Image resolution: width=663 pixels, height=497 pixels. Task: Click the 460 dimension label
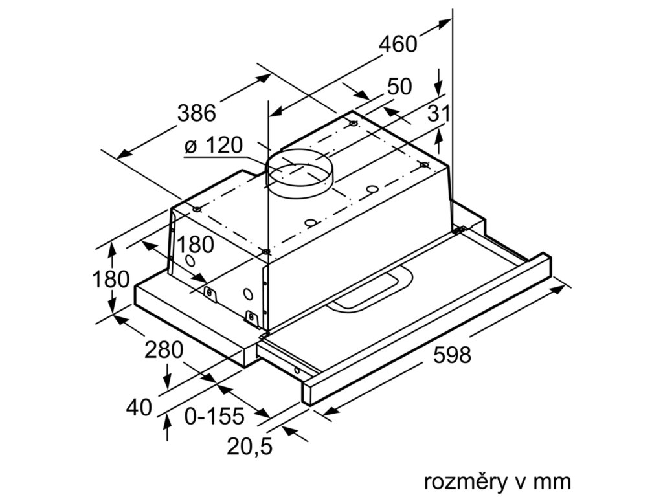point(398,45)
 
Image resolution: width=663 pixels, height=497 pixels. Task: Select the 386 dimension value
point(196,113)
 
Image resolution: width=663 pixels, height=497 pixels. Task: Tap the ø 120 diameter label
point(213,146)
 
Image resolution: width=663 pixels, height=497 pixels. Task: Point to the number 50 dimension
point(399,87)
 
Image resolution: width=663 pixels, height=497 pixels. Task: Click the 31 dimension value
point(438,114)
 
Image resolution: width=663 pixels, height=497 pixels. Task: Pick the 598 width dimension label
point(452,355)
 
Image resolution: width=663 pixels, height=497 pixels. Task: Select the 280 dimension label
point(164,350)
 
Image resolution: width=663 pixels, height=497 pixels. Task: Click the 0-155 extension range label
point(214,415)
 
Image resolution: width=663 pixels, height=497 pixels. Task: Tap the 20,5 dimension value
point(250,445)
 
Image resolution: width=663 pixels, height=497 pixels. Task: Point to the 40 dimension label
point(139,408)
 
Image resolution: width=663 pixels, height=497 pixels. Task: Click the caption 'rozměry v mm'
point(497,481)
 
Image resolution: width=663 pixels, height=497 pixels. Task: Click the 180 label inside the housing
point(195,245)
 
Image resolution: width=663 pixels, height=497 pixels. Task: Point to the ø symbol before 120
point(191,147)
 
